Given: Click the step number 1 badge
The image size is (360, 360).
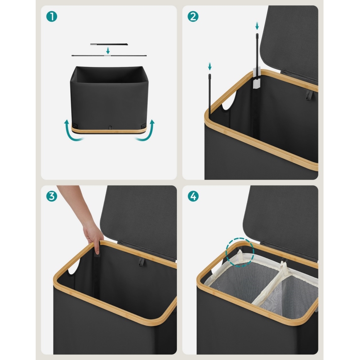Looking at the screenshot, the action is coord(52,17).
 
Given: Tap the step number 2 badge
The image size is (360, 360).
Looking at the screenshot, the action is coord(193,17).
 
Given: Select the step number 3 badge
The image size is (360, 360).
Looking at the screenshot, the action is coord(52,196).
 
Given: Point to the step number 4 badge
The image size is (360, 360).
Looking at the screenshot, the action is coord(193,196).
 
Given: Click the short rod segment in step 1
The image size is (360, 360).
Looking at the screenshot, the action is coord(109,44).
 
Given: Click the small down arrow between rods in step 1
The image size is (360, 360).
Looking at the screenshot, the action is coord(108,51).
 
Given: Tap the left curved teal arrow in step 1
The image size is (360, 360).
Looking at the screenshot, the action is coord(72,131).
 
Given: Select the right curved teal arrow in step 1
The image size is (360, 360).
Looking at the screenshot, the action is coord(146,131).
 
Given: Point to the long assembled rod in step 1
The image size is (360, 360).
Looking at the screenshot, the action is coord(109,56).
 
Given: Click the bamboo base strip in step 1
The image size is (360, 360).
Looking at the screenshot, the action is coord(109,130).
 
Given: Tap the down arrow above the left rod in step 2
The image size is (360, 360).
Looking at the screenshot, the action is coord(209,66).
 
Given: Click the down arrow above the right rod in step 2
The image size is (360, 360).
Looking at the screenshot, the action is coord(257,26).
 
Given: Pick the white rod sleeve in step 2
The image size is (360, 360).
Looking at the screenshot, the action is coord(257,78).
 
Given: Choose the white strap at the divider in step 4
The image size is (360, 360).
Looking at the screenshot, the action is coord(285,268).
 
